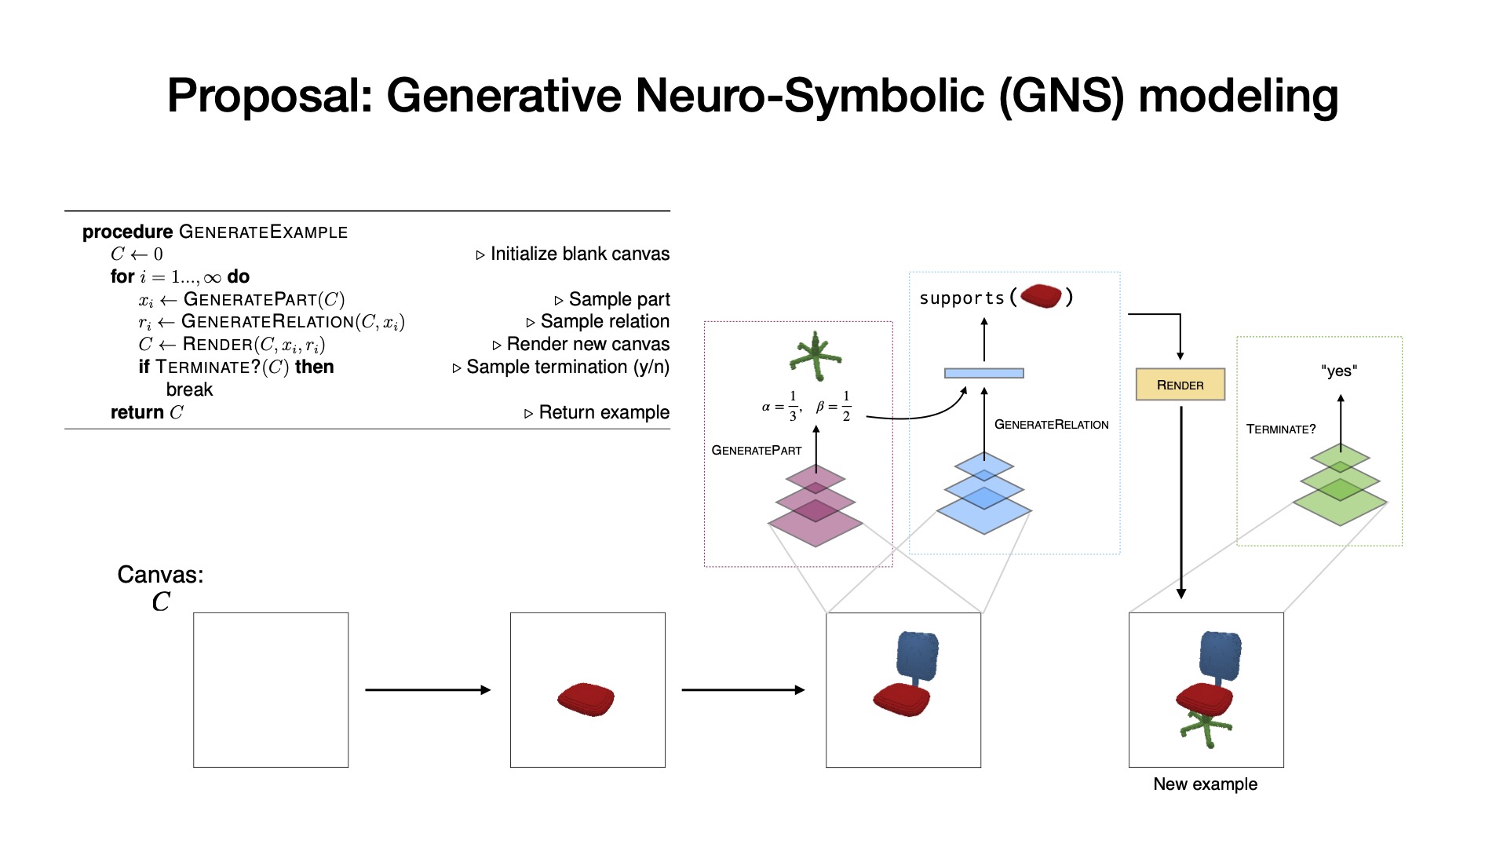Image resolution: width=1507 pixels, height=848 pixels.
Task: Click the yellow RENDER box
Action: [x=1180, y=385]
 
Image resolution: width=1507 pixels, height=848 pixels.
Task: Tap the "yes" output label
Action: [x=1338, y=371]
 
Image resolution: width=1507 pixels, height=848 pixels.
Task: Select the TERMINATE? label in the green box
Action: [x=1280, y=429]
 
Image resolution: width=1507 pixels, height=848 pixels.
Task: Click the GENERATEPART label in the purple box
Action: [x=756, y=450]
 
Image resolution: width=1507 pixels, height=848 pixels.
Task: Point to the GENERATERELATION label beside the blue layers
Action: [x=1051, y=424]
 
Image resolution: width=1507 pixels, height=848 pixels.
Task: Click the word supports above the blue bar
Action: [x=961, y=298]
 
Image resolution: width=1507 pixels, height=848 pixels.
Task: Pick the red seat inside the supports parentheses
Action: [x=1041, y=296]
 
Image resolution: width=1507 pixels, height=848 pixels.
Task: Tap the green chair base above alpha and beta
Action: [x=816, y=356]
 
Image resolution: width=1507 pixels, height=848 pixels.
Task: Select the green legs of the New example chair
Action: [x=1206, y=727]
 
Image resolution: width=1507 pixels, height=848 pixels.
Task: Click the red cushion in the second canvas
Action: [x=586, y=698]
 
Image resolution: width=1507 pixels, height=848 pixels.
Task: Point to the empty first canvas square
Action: [x=271, y=689]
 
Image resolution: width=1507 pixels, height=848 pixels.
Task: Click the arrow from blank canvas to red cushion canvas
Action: [x=428, y=689]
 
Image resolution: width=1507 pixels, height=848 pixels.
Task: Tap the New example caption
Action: [x=1205, y=784]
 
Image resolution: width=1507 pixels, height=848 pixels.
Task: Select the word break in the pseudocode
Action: [x=189, y=389]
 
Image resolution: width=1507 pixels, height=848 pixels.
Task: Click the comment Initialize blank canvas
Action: [x=579, y=254]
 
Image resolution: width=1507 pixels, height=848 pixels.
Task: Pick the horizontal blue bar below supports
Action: [x=983, y=373]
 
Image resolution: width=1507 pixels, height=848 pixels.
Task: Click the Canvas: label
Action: [x=160, y=575]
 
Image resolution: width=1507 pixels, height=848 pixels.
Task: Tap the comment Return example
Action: [x=603, y=412]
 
